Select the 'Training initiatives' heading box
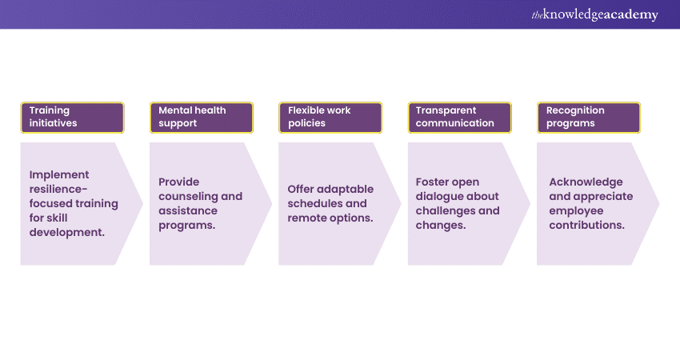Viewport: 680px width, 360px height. tap(72, 117)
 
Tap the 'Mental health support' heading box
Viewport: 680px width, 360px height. tap(201, 117)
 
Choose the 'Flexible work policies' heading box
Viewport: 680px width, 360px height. tap(330, 117)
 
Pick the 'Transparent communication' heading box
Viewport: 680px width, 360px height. tap(459, 117)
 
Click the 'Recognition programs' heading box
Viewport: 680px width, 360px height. tap(589, 117)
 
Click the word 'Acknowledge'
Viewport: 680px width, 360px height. tap(586, 182)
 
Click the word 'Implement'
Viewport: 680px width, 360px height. tap(59, 174)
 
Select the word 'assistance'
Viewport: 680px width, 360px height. tap(187, 210)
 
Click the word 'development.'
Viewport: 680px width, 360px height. tap(66, 232)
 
